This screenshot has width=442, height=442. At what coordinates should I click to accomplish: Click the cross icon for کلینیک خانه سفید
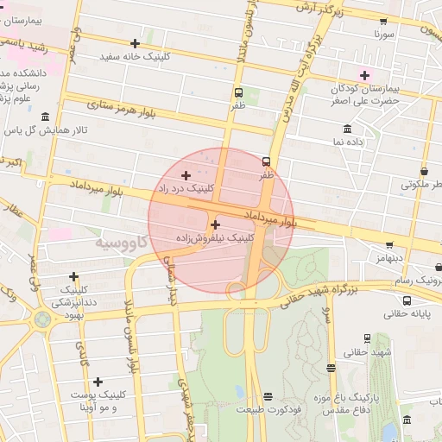tap(136, 43)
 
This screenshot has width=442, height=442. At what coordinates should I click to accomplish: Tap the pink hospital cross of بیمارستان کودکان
tap(364, 74)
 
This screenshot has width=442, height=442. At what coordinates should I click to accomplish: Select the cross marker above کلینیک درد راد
tap(186, 175)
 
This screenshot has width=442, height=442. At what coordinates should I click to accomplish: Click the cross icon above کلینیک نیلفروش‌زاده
tap(215, 224)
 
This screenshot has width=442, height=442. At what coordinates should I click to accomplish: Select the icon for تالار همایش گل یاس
tap(44, 117)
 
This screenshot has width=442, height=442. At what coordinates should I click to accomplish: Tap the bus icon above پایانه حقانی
tap(407, 301)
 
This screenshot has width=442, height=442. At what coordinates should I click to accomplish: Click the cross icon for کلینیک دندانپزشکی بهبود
tap(74, 277)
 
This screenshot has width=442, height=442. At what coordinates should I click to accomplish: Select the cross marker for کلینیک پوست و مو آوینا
tap(98, 382)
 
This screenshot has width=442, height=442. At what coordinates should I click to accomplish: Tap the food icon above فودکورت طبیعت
tap(268, 396)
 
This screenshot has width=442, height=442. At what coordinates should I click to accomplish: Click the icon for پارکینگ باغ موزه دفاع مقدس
tap(372, 398)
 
